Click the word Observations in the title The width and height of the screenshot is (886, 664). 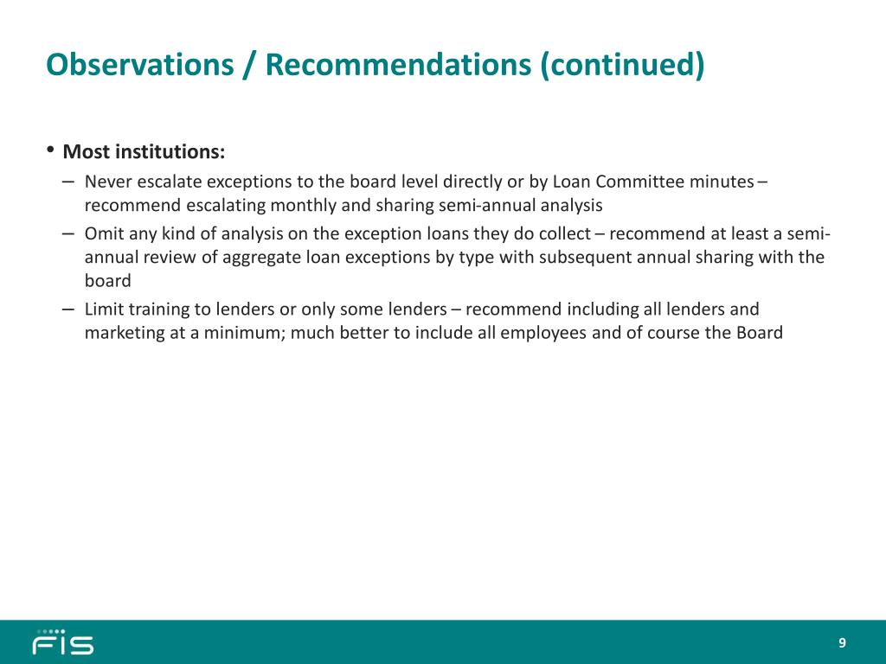(139, 64)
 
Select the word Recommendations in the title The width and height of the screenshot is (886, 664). (398, 64)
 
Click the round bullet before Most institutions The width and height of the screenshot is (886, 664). (50, 150)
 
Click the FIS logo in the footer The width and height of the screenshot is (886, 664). (63, 642)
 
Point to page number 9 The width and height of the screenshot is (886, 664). (842, 643)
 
